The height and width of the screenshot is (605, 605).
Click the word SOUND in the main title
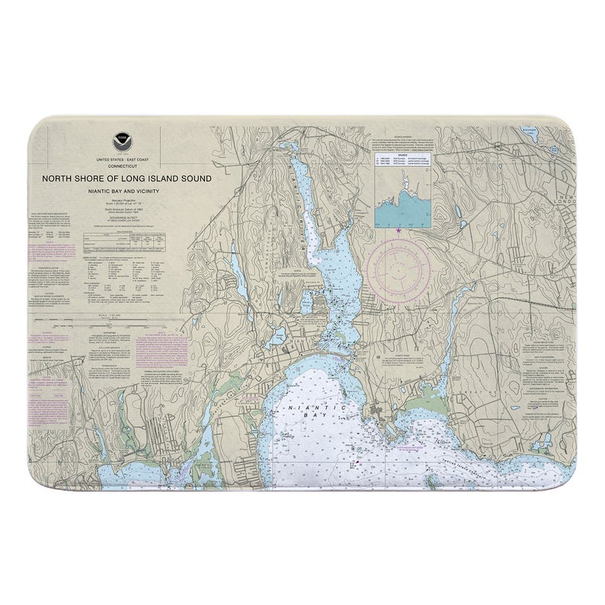pos(193,178)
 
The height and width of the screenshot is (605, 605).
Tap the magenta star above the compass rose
pos(399,230)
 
